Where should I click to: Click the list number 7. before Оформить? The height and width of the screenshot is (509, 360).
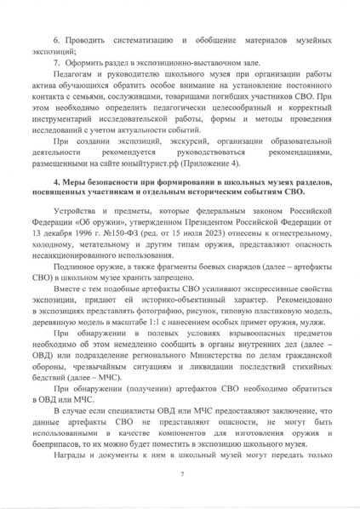[x=56, y=64]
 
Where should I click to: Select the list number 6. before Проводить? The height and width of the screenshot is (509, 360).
[x=58, y=40]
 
